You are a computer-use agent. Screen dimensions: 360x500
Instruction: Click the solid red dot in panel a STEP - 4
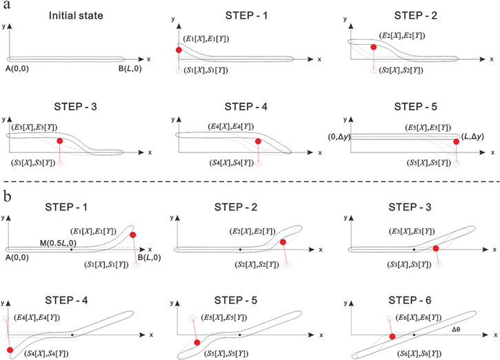(258, 142)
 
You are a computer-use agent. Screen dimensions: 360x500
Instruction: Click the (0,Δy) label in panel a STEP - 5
(340, 139)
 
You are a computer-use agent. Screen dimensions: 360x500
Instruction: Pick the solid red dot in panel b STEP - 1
(132, 235)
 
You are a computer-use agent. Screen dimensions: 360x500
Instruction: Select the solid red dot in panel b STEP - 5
(198, 341)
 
